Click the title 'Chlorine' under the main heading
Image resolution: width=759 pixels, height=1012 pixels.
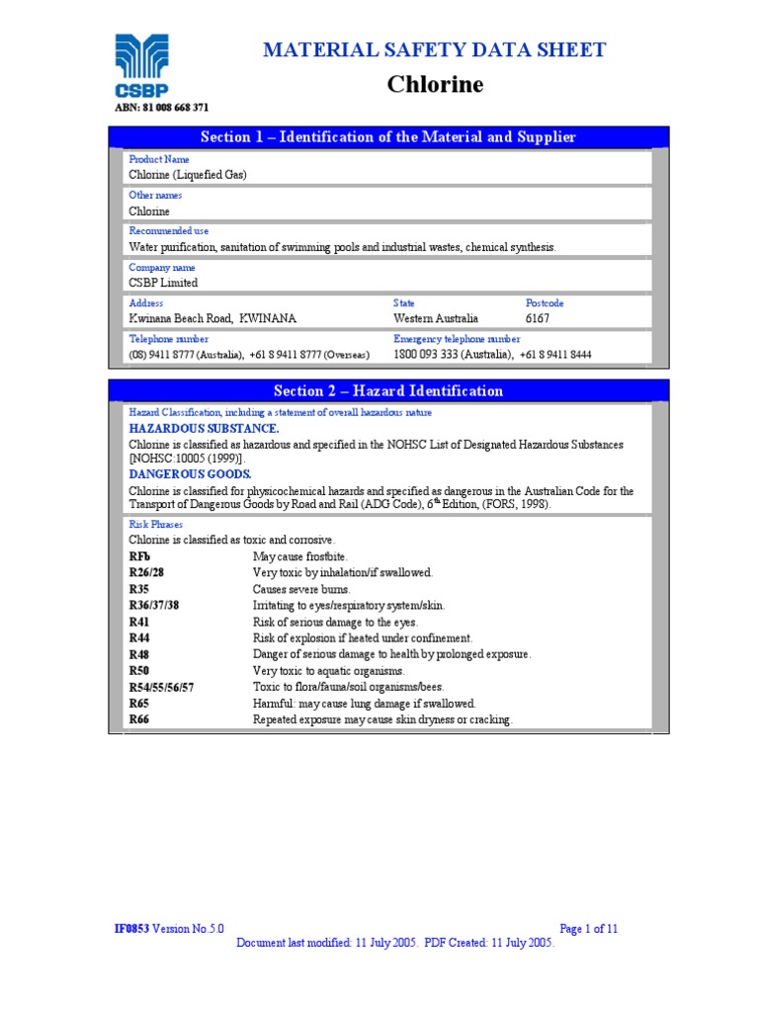tap(435, 85)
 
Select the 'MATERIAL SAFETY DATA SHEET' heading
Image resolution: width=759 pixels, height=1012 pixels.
tap(435, 50)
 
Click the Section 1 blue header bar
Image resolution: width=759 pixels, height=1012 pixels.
tap(387, 136)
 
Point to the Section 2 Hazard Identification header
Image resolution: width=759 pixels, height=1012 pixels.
tap(387, 390)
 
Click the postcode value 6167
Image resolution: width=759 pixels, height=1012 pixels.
tap(538, 318)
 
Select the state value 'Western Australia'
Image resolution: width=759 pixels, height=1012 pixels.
tap(435, 318)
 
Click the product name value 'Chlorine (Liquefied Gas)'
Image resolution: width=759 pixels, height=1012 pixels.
tap(188, 174)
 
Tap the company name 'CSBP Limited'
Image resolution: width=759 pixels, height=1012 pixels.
tap(163, 283)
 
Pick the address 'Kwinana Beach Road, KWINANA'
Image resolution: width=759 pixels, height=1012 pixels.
tap(212, 318)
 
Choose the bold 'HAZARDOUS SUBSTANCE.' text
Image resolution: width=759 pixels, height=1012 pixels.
tap(204, 429)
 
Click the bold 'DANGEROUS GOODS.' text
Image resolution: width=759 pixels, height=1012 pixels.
tap(190, 474)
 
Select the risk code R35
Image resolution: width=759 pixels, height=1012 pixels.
tap(141, 589)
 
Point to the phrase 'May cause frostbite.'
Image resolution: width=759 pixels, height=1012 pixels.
tap(300, 557)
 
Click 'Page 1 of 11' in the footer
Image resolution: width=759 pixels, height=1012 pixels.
tap(588, 929)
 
